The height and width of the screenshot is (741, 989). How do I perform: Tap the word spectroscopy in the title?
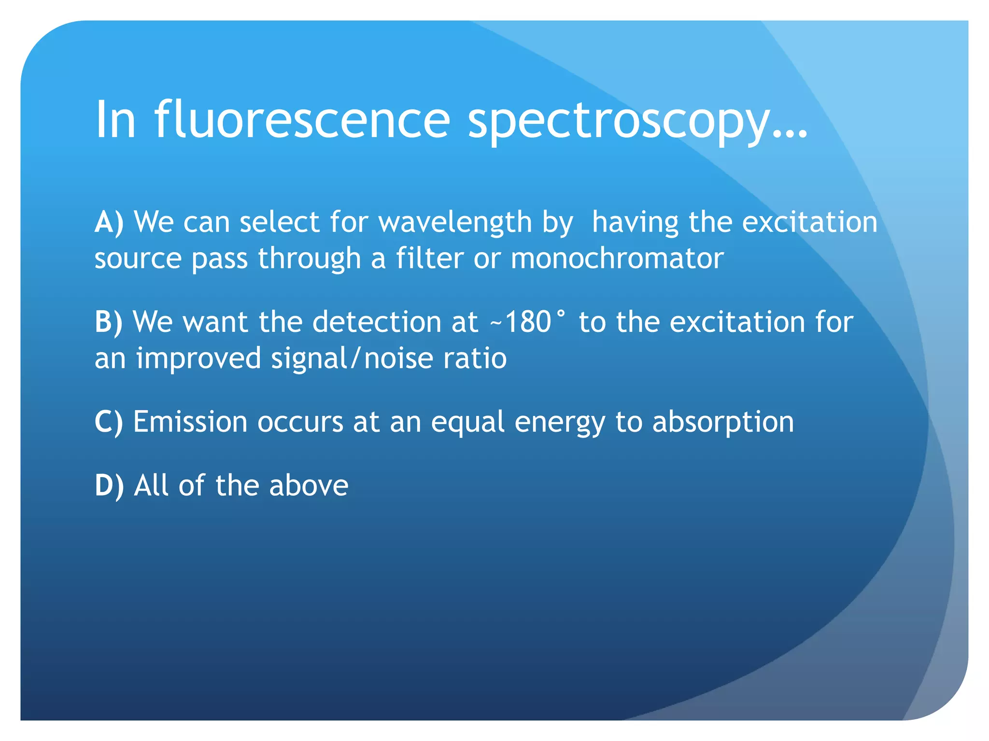pyautogui.click(x=618, y=123)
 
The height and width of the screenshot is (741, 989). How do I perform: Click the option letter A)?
pyautogui.click(x=109, y=222)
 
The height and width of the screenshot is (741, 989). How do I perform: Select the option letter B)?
pyautogui.click(x=109, y=322)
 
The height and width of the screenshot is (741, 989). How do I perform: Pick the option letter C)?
pyautogui.click(x=109, y=422)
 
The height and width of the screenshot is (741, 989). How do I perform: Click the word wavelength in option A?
pyautogui.click(x=455, y=223)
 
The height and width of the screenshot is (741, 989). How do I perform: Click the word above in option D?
pyautogui.click(x=309, y=485)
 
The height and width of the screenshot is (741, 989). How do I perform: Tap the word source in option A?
pyautogui.click(x=138, y=259)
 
